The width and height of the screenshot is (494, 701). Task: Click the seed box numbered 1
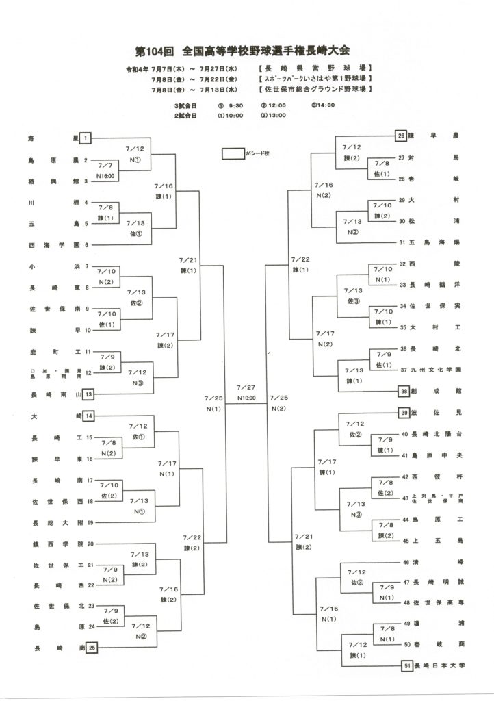86,138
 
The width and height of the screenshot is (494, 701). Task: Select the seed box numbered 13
88,394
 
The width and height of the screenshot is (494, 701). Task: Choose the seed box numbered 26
401,136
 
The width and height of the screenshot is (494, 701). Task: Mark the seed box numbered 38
404,391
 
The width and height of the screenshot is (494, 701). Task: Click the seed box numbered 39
404,412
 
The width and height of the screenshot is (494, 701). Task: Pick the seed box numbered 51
406,664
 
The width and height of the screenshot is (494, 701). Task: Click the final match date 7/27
246,387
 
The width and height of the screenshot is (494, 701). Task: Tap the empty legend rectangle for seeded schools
233,154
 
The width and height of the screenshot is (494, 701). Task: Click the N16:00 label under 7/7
106,176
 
